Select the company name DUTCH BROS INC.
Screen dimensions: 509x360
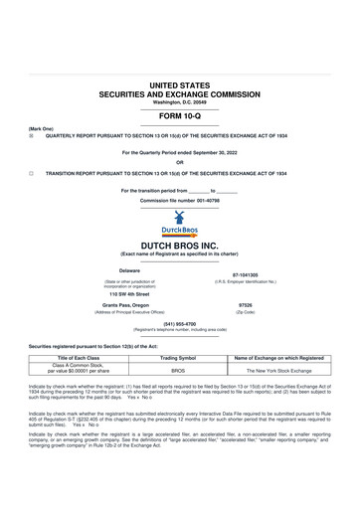click(x=179, y=244)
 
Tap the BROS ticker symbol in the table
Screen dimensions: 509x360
click(x=179, y=370)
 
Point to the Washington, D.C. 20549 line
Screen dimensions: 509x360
click(x=180, y=102)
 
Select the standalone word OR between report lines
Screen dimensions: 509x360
click(x=179, y=163)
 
